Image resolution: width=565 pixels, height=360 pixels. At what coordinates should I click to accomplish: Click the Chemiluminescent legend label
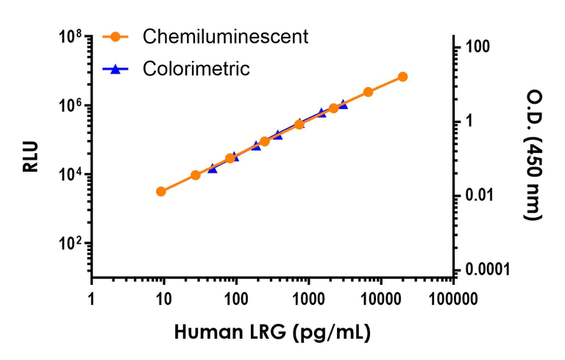225,36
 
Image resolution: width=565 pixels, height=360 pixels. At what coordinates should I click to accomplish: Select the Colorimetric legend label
196,69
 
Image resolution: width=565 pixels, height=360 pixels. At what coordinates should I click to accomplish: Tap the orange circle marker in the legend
115,37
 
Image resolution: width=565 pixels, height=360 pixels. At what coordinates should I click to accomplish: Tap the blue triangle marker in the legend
115,69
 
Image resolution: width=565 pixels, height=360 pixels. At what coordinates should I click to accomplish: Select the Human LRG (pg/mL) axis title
272,332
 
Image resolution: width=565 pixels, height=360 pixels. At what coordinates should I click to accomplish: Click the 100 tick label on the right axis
477,47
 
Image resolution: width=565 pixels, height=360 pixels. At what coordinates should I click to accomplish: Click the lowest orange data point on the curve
161,191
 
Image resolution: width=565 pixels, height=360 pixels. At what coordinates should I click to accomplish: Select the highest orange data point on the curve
402,77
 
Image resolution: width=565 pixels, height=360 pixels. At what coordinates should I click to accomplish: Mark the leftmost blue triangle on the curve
213,169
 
